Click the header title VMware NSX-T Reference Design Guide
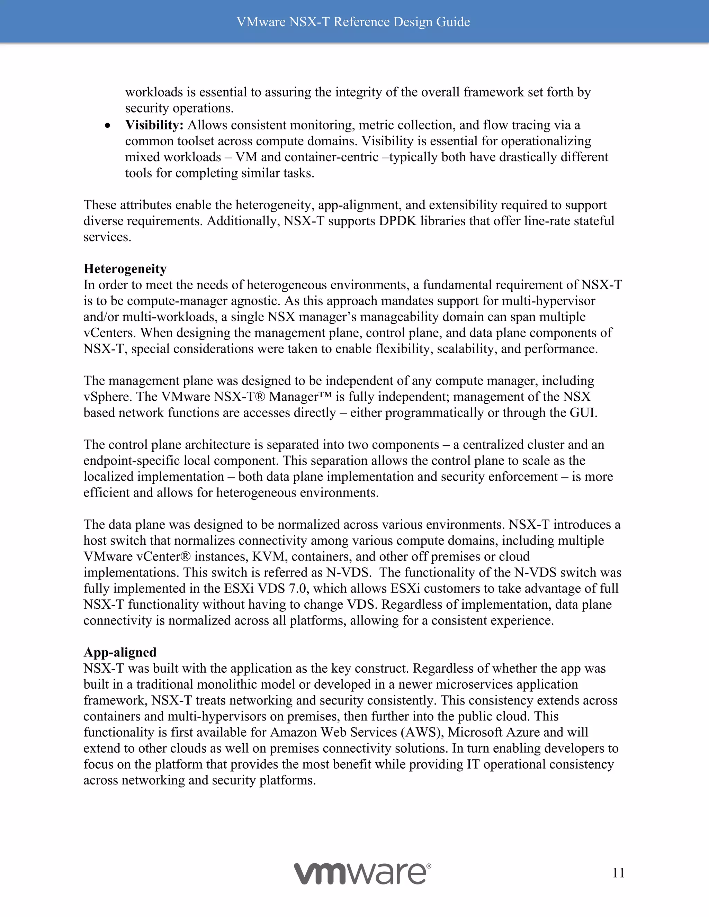[x=353, y=22]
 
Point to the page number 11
[x=618, y=873]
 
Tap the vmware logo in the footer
[x=362, y=873]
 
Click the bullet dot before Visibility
[x=108, y=126]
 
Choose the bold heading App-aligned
[x=120, y=652]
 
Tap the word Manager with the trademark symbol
[x=300, y=397]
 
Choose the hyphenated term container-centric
[x=331, y=157]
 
